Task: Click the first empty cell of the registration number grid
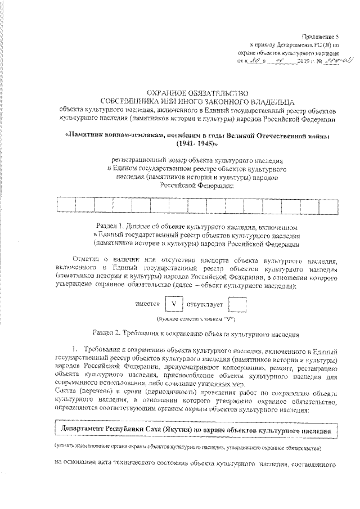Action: coord(66,206)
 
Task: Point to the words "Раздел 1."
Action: coord(110,227)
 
